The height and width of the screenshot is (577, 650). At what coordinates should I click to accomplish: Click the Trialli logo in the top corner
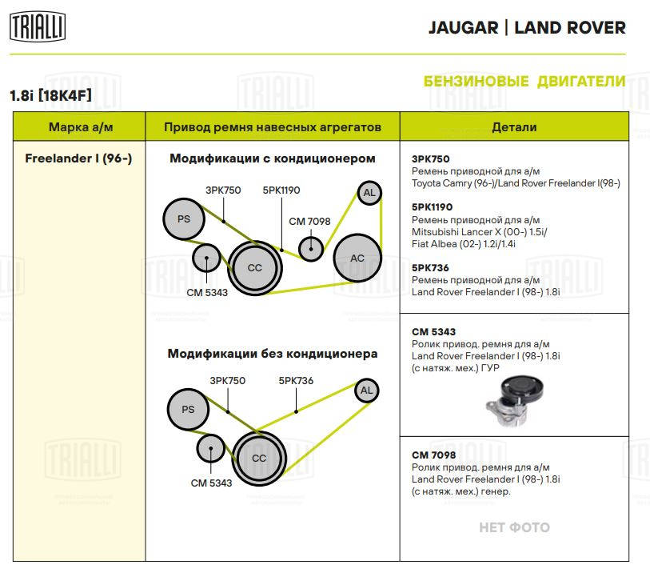point(38,28)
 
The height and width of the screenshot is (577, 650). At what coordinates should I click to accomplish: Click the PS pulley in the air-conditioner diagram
point(183,219)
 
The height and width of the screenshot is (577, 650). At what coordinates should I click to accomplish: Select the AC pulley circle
point(357,258)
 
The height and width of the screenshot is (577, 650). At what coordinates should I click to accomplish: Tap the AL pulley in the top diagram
point(369,193)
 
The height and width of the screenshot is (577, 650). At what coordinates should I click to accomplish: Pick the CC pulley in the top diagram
point(254,267)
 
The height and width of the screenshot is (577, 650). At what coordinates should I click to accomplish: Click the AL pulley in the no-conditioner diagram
point(366,391)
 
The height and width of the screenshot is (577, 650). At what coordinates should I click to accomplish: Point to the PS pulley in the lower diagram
point(188,410)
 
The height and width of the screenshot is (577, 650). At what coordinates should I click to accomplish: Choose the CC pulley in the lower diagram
point(259,458)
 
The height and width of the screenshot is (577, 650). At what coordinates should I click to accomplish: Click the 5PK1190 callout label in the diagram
point(281,190)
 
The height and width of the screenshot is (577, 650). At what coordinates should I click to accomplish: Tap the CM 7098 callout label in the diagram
point(309,221)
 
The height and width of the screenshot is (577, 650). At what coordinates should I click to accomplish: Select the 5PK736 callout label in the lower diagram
point(296,381)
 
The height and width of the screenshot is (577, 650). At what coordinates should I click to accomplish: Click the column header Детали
point(514,127)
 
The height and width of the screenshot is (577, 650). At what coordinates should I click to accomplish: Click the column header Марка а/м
point(79,127)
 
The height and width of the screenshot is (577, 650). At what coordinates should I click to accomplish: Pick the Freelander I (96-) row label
point(78,158)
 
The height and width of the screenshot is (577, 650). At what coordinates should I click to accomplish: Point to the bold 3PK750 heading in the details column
point(430,159)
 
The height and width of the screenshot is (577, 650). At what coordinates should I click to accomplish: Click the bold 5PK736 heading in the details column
point(430,267)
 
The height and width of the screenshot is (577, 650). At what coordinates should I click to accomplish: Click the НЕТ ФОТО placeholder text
point(514,527)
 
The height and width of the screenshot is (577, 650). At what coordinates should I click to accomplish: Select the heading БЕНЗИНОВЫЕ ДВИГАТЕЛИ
point(524,82)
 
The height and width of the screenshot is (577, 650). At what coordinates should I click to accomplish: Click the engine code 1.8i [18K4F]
point(50,95)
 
